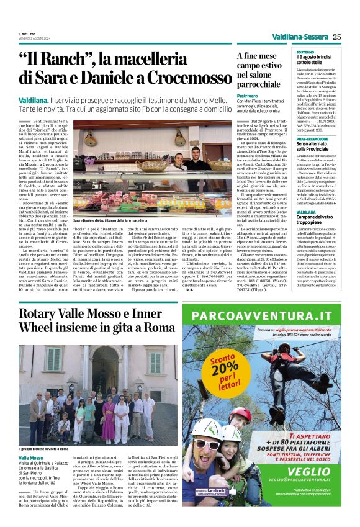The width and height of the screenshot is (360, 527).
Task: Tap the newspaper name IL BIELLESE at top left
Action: click(27, 34)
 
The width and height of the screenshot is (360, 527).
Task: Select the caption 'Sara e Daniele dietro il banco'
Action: click(110, 220)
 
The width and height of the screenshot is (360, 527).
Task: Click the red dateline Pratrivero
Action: click(246, 97)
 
